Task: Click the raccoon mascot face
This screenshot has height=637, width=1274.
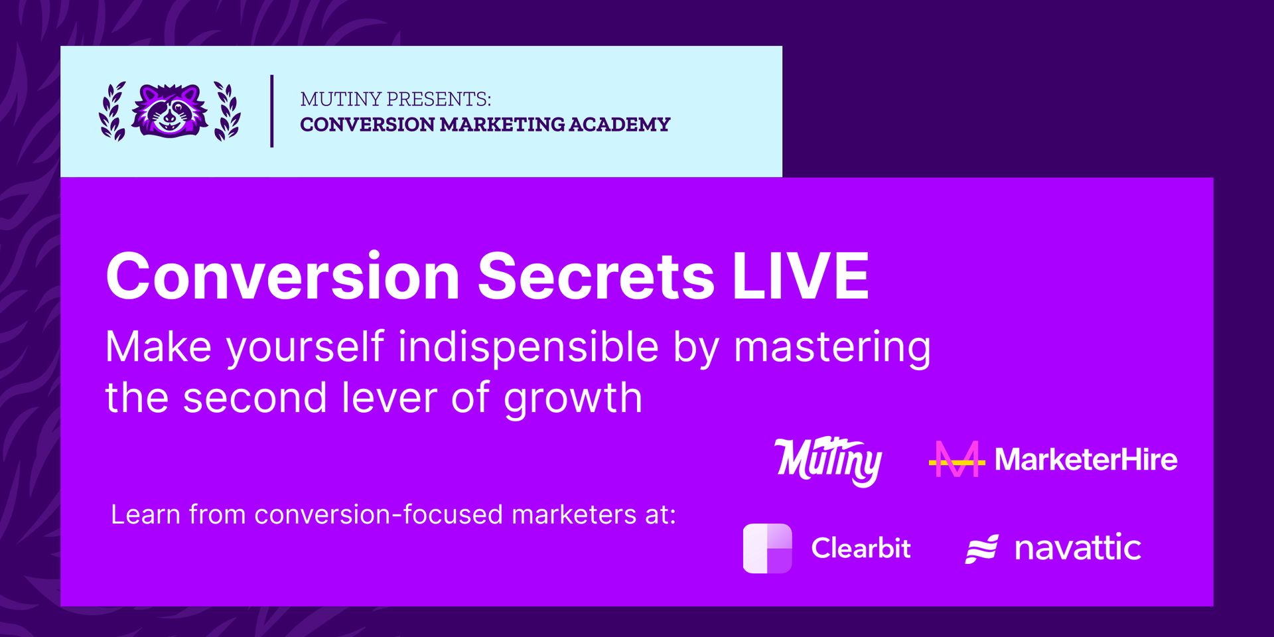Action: [170, 111]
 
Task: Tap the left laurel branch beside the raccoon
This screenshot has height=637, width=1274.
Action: [113, 111]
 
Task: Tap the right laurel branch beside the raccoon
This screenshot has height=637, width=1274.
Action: [227, 111]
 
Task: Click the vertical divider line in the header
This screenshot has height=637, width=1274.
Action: [272, 111]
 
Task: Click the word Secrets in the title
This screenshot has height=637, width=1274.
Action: [596, 276]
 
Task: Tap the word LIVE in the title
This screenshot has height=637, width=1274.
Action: [801, 276]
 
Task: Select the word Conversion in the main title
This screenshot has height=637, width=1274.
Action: [283, 276]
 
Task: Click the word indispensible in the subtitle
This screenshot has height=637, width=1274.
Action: [528, 347]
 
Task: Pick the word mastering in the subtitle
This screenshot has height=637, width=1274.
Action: [832, 347]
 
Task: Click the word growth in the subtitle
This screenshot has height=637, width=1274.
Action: [573, 399]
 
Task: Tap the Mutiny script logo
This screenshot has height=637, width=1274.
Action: [829, 460]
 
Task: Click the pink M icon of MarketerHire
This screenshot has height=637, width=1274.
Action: [956, 459]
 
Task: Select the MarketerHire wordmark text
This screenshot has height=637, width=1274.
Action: [1086, 459]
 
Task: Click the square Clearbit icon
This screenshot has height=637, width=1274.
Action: [768, 548]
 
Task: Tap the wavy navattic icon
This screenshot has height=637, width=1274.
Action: [981, 549]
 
